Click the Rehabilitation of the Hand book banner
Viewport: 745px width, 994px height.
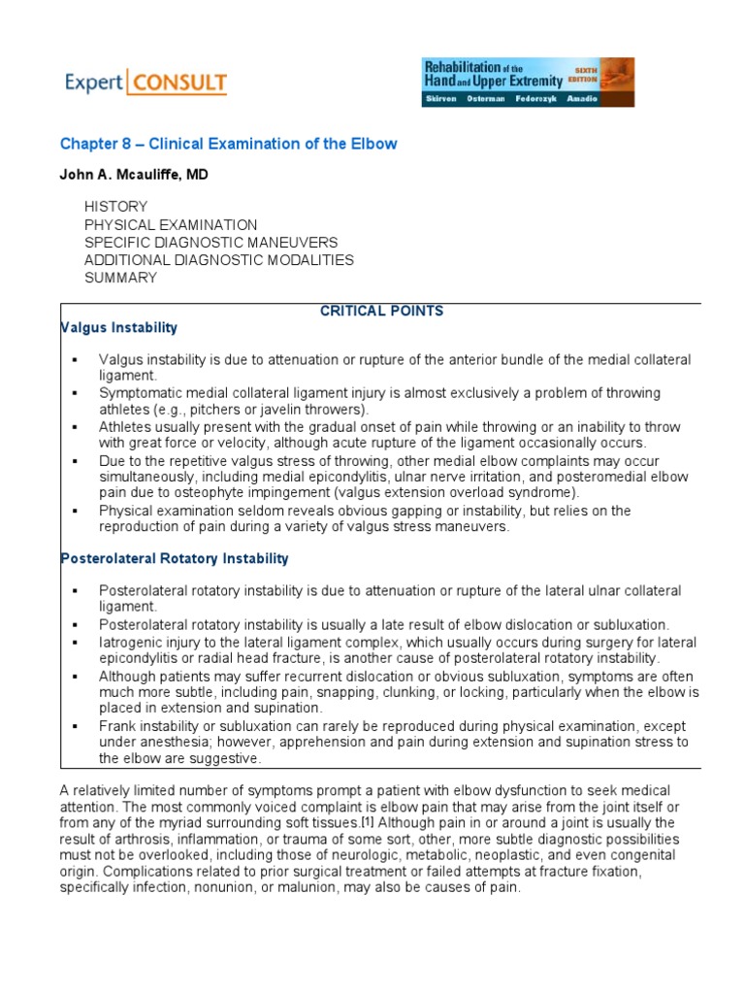pos(528,82)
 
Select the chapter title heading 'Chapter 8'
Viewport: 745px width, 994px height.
pos(228,144)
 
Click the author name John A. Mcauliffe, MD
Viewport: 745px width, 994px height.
pos(134,174)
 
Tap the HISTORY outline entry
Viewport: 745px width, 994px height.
pos(115,207)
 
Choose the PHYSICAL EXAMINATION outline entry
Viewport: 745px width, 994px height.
pos(171,225)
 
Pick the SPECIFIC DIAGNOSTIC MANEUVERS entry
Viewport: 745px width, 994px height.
pos(211,243)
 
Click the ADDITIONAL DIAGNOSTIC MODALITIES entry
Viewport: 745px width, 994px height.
pos(219,260)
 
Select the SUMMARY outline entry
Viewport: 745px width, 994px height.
pos(120,278)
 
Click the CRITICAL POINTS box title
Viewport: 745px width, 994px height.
pos(381,311)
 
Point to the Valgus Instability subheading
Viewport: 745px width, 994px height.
pos(118,328)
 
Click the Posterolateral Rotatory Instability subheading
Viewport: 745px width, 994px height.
pos(175,558)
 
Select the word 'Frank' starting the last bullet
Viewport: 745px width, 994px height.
pos(117,726)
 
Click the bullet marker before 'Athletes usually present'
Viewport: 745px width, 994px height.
pos(74,427)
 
